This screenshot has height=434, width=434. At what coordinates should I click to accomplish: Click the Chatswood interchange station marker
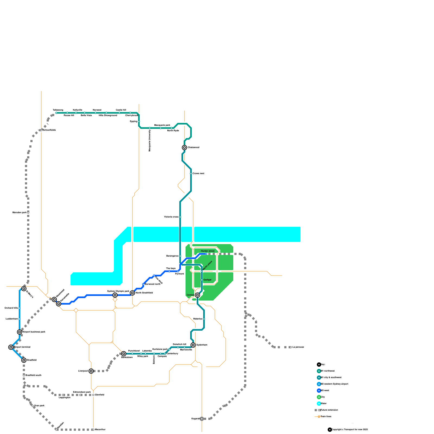pos(184,148)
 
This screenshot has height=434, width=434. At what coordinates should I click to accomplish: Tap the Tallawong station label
pos(58,110)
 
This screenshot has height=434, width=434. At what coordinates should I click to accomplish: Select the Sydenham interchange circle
pos(193,345)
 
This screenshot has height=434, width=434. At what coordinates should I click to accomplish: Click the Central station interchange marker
pos(197,295)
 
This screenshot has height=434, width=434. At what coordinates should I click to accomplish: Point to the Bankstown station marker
pos(124,354)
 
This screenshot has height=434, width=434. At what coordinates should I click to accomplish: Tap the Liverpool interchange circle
pos(91,371)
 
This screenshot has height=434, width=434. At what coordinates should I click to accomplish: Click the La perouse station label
pos(298,347)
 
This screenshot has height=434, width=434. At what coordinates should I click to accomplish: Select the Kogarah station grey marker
pos(202,419)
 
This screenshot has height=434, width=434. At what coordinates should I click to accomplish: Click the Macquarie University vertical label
pos(150,141)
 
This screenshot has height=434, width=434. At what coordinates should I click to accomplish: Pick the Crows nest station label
pos(198,174)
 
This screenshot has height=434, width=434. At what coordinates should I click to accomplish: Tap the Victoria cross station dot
pos(180,217)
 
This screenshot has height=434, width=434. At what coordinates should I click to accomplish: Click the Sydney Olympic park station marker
pos(115,295)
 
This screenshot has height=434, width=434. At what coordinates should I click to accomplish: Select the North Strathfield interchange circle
pos(132,293)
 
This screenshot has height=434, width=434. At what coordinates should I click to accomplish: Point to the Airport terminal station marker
pos(11,347)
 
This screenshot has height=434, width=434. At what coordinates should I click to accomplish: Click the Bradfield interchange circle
pos(24,360)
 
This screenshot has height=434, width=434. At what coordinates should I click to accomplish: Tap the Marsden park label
pos(20,213)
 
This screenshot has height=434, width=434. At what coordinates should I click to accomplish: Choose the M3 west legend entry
pos(325,391)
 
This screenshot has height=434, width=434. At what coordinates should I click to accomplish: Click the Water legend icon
pos(319,404)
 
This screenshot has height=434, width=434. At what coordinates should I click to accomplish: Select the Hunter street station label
pos(208,251)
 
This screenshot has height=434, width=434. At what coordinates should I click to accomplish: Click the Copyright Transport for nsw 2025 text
pos(350,430)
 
